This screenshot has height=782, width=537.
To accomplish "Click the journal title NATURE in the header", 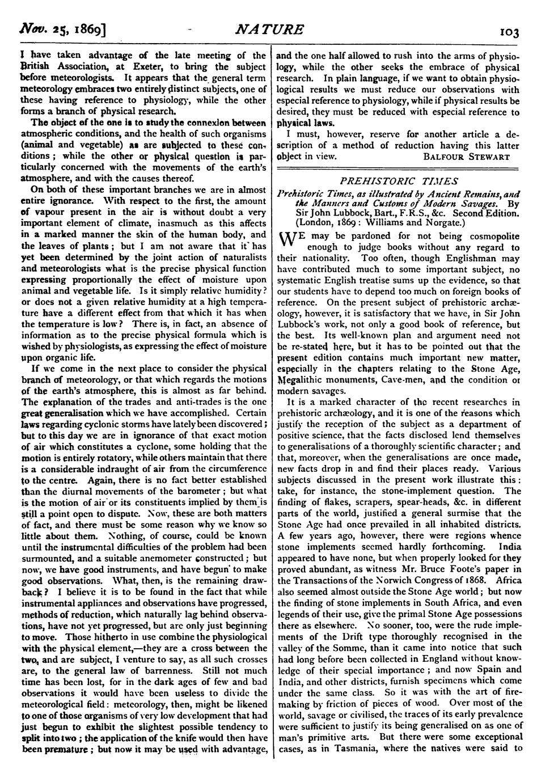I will [x=270, y=30].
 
